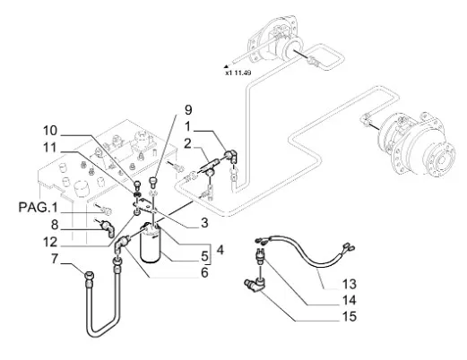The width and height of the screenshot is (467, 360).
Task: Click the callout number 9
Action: [x=188, y=110]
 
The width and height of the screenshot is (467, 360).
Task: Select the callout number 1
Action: [x=187, y=126]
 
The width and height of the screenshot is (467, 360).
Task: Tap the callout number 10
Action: [x=50, y=131]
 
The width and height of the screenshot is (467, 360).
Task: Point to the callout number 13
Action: [x=349, y=284]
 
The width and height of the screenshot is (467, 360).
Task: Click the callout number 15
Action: [x=349, y=316]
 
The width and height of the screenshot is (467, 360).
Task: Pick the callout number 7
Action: [x=54, y=259]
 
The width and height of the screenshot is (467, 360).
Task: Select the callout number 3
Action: [x=204, y=222]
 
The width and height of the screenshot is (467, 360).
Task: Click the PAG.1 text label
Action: [x=38, y=207]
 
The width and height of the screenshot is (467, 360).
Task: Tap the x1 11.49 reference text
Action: [x=238, y=73]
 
